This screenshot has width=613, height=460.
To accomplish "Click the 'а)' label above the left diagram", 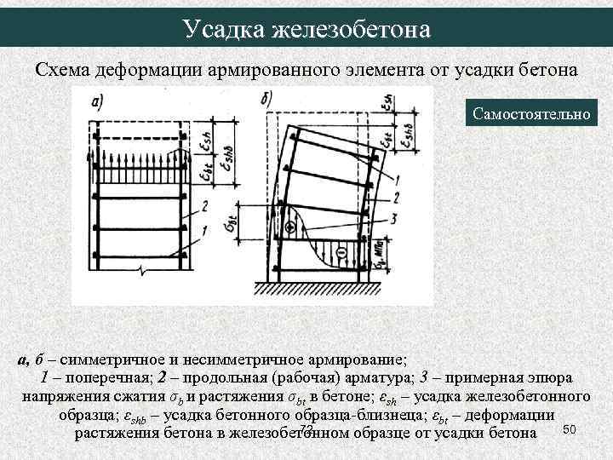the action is tap(97, 104).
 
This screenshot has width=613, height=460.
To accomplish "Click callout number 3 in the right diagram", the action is tap(393, 220).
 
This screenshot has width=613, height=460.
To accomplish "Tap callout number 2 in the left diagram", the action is tap(205, 207).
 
